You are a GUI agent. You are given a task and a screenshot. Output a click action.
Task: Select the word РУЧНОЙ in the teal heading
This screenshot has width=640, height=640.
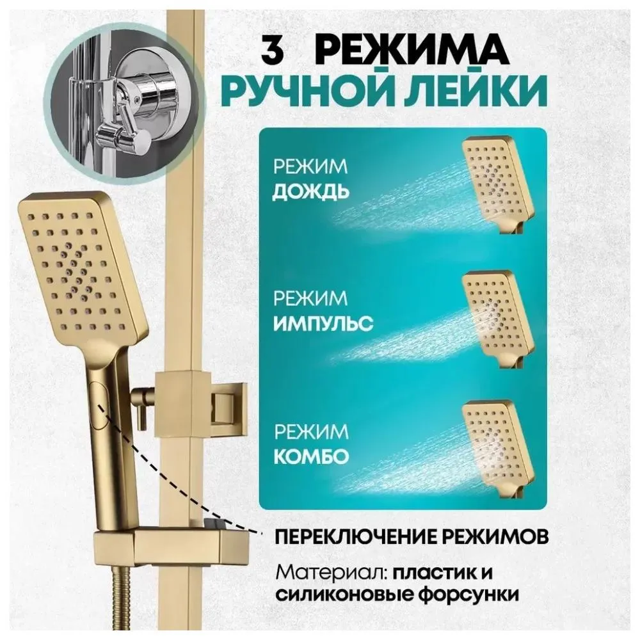tap(319, 93)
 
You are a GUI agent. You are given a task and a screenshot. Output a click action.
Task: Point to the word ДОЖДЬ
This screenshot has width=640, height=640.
tap(311, 192)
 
